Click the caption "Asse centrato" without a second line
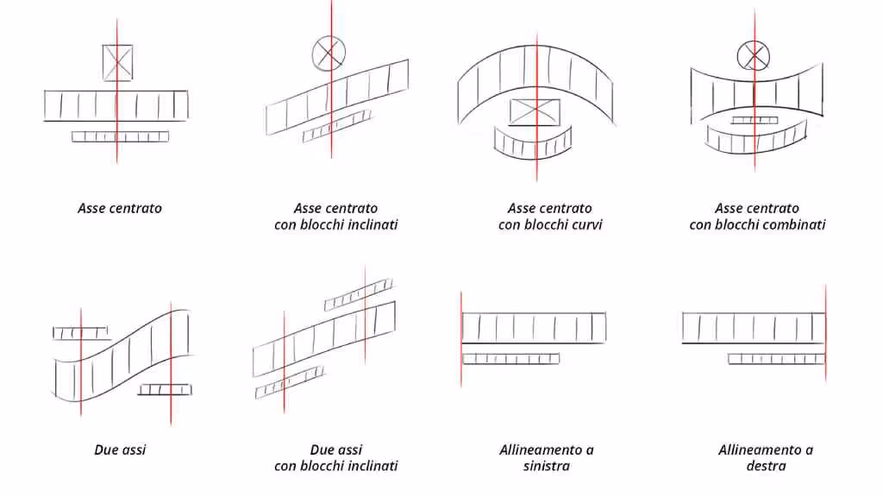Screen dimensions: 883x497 click(x=120, y=208)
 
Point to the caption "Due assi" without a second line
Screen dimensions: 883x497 click(x=120, y=450)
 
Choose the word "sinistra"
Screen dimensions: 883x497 click(x=546, y=466)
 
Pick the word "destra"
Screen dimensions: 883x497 click(x=766, y=466)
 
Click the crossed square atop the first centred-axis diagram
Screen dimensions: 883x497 click(x=117, y=63)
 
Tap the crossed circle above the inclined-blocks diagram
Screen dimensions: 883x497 click(x=329, y=53)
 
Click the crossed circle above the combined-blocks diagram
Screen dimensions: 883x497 click(x=753, y=56)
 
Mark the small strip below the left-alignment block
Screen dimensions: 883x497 click(x=510, y=358)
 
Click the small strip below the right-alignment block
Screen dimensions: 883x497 click(x=776, y=358)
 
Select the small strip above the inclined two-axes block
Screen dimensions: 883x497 click(x=358, y=294)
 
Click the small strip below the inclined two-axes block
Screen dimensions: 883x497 click(x=291, y=381)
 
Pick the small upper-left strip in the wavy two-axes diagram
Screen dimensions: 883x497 click(x=80, y=333)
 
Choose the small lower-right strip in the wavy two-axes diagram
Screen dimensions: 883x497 click(x=165, y=389)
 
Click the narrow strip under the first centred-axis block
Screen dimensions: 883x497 click(x=121, y=136)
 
